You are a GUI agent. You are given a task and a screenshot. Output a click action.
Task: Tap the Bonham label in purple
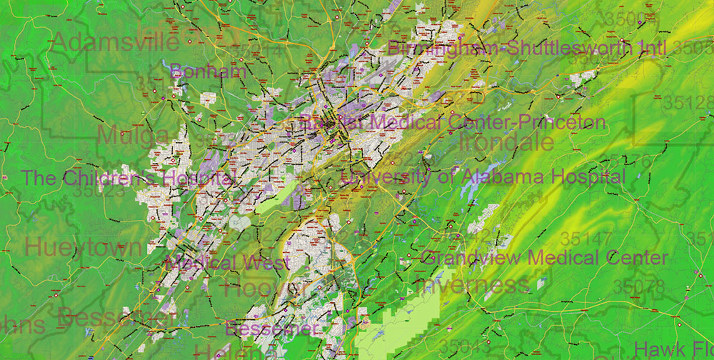pos(208,71)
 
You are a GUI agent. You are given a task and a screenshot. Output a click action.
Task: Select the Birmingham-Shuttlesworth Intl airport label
pos(527,49)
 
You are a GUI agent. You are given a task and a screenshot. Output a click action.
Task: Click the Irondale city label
pos(507,141)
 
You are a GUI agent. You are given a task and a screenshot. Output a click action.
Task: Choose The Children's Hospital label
pos(129,178)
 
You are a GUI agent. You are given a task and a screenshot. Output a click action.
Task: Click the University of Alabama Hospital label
pos(483,176)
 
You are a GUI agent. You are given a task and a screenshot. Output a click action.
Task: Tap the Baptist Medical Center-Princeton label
pos(453,122)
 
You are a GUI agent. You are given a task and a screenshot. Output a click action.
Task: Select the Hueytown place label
pos(84,248)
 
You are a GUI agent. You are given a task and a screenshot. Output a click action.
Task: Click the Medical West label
pos(226,262)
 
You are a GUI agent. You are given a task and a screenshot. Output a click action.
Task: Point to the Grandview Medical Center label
pos(545,257)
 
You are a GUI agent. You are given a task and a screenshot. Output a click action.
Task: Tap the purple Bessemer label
pos(271,329)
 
